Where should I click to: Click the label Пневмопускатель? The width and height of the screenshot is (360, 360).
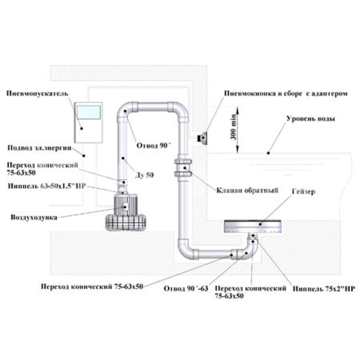click(x=37, y=94)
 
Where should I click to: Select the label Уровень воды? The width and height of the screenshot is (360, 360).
click(x=310, y=118)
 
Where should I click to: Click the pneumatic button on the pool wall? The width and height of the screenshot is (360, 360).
click(x=202, y=137)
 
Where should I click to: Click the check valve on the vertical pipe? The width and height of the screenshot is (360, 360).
click(x=184, y=168)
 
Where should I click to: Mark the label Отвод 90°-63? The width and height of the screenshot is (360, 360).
click(x=186, y=288)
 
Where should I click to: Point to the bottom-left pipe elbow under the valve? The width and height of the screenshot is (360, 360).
click(x=187, y=249)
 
